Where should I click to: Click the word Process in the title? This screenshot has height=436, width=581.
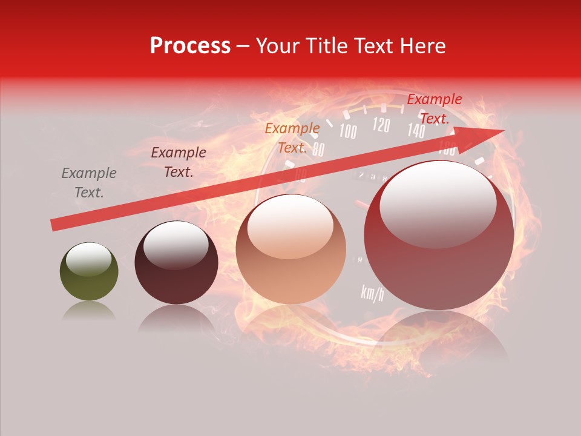(190, 46)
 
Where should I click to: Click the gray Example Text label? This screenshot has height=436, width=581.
(89, 183)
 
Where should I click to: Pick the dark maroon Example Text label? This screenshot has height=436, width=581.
(179, 162)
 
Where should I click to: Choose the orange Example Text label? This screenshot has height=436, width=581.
(292, 138)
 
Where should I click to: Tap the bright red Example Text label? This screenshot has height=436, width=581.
(434, 109)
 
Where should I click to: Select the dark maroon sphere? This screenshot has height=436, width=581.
(176, 263)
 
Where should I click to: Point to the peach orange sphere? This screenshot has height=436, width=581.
(290, 249)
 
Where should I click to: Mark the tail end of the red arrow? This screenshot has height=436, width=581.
(54, 225)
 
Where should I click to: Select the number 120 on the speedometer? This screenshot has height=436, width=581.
(381, 125)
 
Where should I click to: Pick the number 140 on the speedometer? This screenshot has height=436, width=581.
(415, 130)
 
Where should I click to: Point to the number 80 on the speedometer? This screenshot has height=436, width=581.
(318, 150)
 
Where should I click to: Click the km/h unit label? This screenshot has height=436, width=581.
(372, 293)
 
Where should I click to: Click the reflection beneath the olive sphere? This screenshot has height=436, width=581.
(89, 311)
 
